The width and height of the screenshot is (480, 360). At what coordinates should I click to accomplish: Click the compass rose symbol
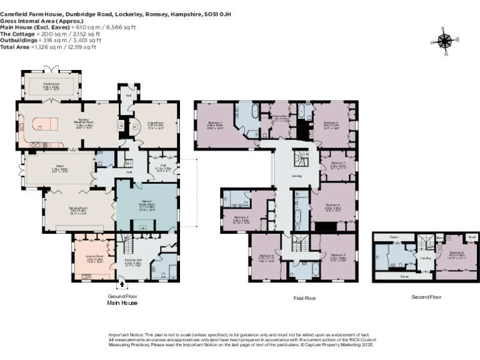(445, 41)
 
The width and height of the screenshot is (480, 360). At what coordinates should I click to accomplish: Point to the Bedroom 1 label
(215, 123)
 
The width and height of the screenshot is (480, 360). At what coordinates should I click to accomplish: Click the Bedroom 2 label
(331, 123)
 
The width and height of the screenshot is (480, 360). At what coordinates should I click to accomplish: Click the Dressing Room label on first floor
(279, 116)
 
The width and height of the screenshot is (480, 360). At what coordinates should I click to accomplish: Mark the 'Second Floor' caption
(426, 297)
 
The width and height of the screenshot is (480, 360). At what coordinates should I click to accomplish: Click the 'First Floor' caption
(304, 299)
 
